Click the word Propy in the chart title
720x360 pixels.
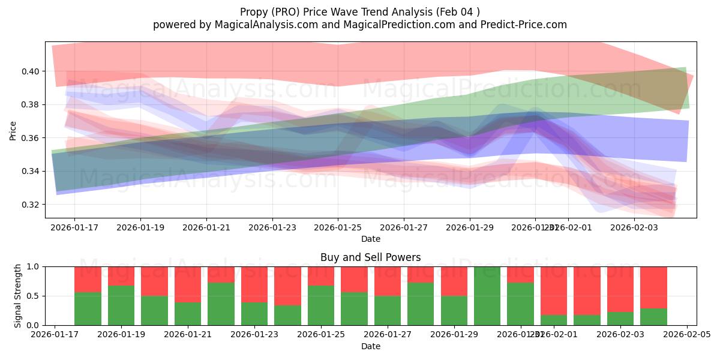(x=254, y=12)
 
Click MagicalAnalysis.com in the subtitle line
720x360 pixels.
(x=262, y=25)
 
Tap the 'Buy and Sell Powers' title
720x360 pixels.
(x=370, y=257)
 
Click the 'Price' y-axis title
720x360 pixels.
(x=13, y=130)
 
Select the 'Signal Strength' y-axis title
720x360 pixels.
(x=18, y=296)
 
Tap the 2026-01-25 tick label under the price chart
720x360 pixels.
(x=338, y=228)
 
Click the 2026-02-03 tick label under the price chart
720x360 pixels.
(x=634, y=228)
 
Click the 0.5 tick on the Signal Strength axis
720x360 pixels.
(x=34, y=296)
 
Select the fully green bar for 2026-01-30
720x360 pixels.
(x=487, y=296)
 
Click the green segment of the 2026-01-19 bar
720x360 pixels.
(x=121, y=305)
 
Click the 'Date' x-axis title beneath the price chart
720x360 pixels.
(x=370, y=239)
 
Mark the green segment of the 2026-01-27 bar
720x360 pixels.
(x=387, y=310)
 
